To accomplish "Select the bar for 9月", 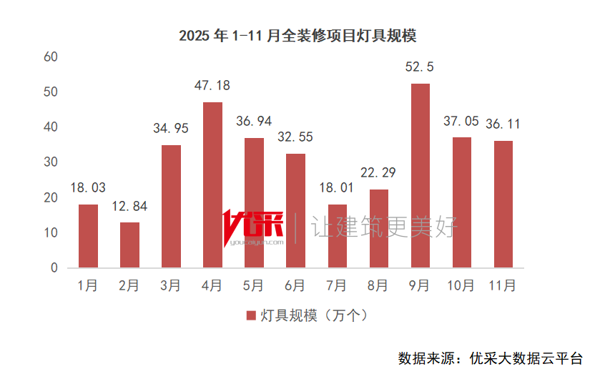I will [420, 176].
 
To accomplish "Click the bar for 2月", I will [129, 245].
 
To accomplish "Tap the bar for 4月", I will [212, 185].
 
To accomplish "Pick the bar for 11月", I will [503, 205].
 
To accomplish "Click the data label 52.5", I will [420, 67].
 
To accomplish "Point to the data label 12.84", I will [129, 207].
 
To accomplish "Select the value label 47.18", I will [212, 86].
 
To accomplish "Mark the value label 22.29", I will [379, 172].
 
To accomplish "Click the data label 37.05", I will [461, 121].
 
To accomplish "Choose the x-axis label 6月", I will [295, 286].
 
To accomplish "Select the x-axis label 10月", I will [461, 286].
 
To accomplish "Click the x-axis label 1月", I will [88, 286].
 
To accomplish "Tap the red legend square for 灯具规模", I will [250, 315].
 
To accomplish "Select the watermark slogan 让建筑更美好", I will [383, 228].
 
